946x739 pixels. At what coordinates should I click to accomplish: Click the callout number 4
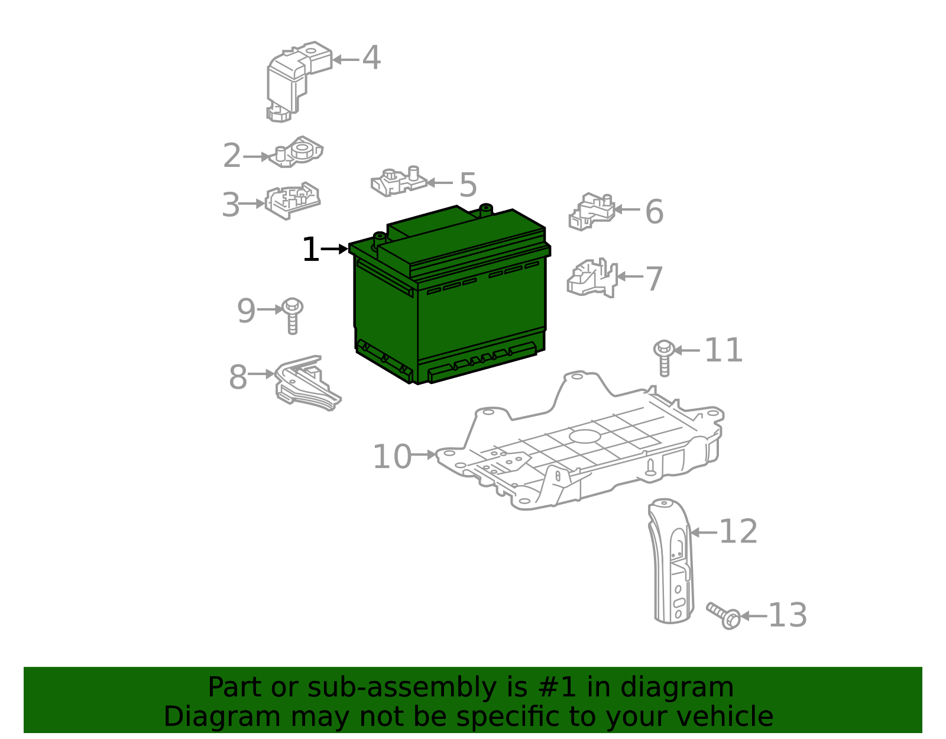[x=371, y=59]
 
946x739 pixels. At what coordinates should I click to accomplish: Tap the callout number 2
[x=232, y=156]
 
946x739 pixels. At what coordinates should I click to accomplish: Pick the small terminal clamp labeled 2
[x=298, y=152]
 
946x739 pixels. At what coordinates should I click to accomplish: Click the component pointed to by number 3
[x=293, y=201]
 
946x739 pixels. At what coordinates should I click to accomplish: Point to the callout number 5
[x=468, y=185]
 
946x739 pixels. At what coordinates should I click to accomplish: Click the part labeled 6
[x=592, y=212]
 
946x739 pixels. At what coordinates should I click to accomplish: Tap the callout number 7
[x=654, y=279]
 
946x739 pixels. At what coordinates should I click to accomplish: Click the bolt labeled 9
[x=292, y=315]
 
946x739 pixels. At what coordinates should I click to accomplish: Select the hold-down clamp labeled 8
[x=306, y=385]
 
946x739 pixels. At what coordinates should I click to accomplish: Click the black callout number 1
[x=310, y=250]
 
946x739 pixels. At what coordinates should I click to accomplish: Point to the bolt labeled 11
[x=664, y=356]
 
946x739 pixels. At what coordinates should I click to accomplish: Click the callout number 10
[x=391, y=457]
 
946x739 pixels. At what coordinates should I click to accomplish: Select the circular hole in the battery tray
[x=585, y=437]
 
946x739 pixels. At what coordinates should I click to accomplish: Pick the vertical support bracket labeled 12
[x=673, y=562]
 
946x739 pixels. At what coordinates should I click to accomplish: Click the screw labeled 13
[x=724, y=615]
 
